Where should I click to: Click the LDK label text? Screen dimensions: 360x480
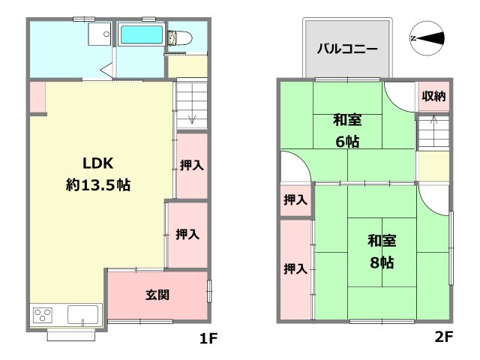pos(98,164)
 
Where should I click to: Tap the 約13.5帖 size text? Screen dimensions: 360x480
pos(98,185)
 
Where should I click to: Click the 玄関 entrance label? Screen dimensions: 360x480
pos(157,295)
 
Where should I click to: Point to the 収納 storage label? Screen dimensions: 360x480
pos(433,96)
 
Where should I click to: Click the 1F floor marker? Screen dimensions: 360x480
pos(208,338)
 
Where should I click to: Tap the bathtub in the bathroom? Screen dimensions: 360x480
pos(142,34)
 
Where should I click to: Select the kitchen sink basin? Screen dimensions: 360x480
pos(84,314)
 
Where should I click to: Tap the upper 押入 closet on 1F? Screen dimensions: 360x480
pos(193,165)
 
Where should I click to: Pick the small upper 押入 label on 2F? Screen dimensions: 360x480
pos(295,200)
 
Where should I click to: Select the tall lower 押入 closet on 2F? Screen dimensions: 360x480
pos(295,268)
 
